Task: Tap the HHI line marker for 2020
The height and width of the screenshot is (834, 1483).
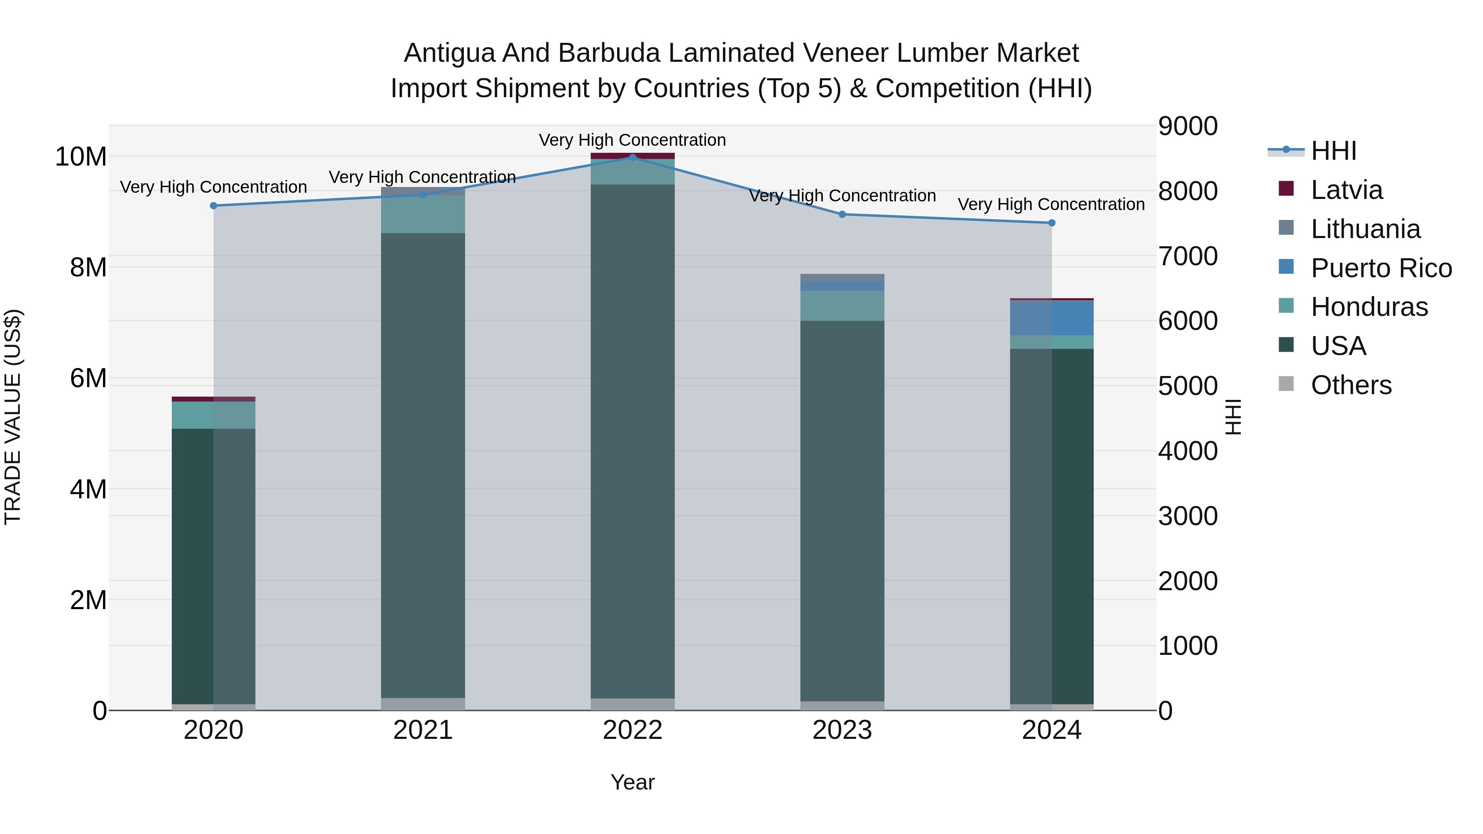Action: pos(213,206)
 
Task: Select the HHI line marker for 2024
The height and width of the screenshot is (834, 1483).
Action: pos(1051,223)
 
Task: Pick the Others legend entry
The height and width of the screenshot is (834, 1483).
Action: pos(1351,385)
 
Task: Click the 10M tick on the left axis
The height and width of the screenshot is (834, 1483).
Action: pos(81,157)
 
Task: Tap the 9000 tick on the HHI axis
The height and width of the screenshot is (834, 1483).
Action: pos(1188,126)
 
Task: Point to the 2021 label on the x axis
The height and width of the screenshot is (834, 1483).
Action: pos(423,730)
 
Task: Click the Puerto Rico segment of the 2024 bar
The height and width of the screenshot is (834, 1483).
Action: pos(1051,318)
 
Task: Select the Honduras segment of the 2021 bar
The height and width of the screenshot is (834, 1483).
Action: pos(423,214)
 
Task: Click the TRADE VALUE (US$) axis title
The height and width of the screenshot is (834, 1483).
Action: pos(13,417)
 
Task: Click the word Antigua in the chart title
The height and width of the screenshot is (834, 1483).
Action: pos(449,53)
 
